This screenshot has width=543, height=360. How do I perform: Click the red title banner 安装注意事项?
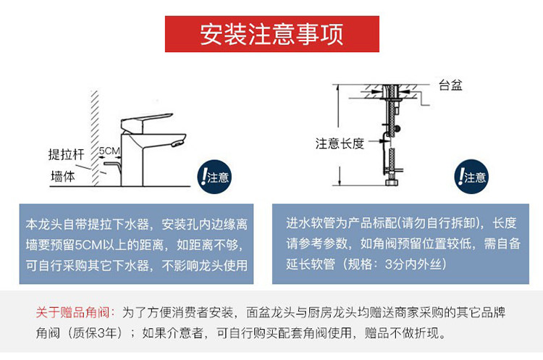[x=271, y=34]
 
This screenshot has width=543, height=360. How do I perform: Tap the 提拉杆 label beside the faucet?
[x=64, y=154]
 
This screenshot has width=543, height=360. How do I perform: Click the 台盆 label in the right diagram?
[x=450, y=85]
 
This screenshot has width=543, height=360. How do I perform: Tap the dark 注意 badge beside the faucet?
[x=214, y=176]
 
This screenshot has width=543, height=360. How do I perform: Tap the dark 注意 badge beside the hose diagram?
[x=471, y=176]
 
